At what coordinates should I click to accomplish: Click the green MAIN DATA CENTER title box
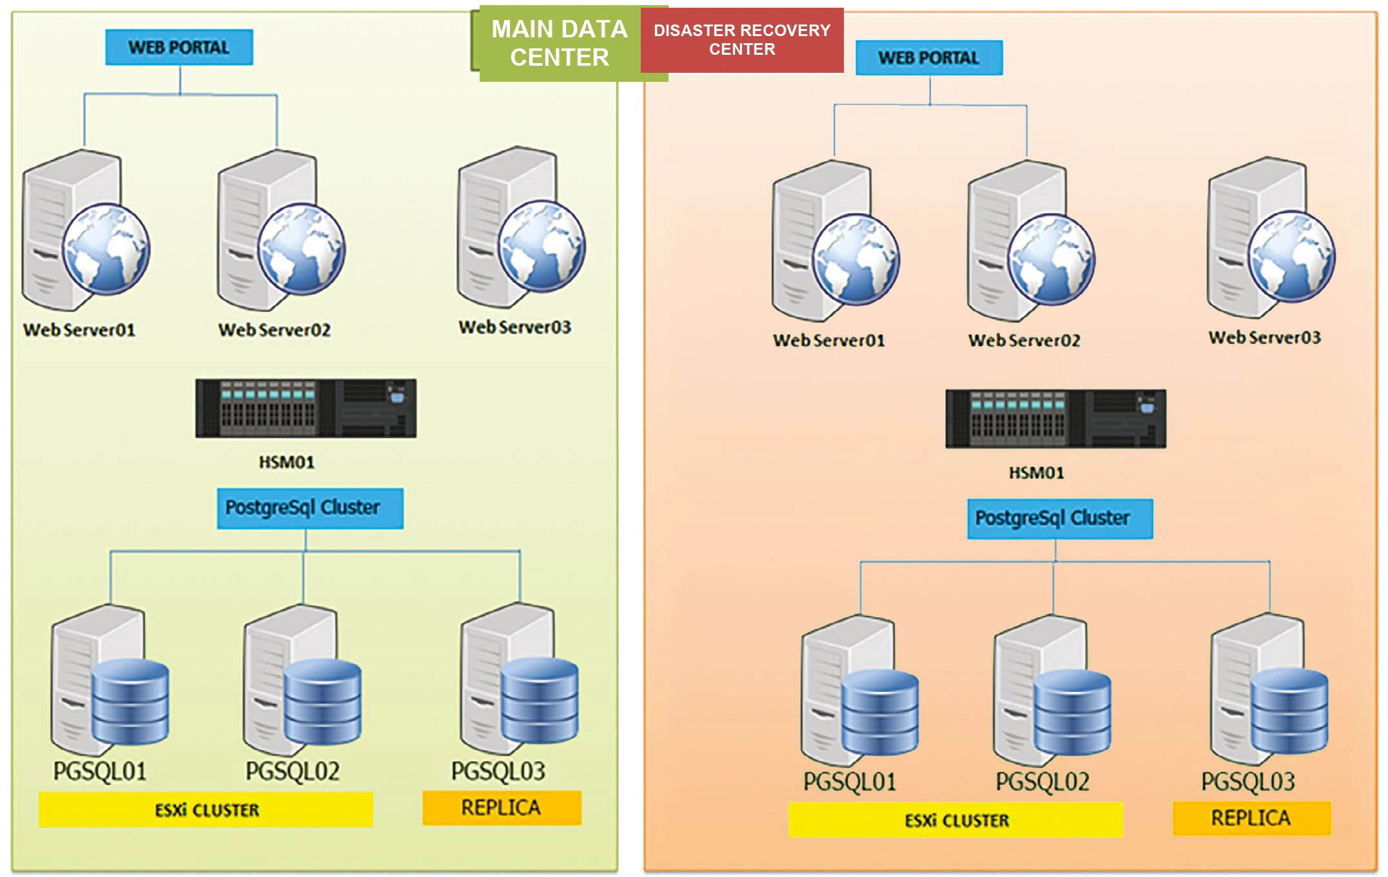560,43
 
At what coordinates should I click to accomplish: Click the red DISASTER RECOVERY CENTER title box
742,40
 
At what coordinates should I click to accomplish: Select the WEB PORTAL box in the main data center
179,47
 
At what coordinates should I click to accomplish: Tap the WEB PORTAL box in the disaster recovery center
929,58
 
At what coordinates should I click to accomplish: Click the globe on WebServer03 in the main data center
542,246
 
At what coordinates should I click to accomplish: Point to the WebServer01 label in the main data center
79,330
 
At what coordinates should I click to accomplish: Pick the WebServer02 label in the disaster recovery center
1024,340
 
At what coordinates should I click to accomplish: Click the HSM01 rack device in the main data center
306,409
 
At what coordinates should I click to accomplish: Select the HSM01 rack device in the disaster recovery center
1056,419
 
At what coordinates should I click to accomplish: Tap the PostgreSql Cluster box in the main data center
310,508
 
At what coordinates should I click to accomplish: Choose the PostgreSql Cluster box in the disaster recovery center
1061,519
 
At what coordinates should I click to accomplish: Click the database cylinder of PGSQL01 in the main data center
130,702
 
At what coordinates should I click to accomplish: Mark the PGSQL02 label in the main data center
293,771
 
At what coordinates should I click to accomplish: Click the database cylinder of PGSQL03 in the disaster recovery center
1289,711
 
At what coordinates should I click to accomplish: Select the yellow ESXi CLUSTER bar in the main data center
206,810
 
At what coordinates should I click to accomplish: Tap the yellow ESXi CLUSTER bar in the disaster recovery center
956,820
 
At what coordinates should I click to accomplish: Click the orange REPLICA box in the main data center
502,808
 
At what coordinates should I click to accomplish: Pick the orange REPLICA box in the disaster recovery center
1252,818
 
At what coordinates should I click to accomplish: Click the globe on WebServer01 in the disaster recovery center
856,260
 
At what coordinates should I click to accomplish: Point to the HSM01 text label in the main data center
287,462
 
